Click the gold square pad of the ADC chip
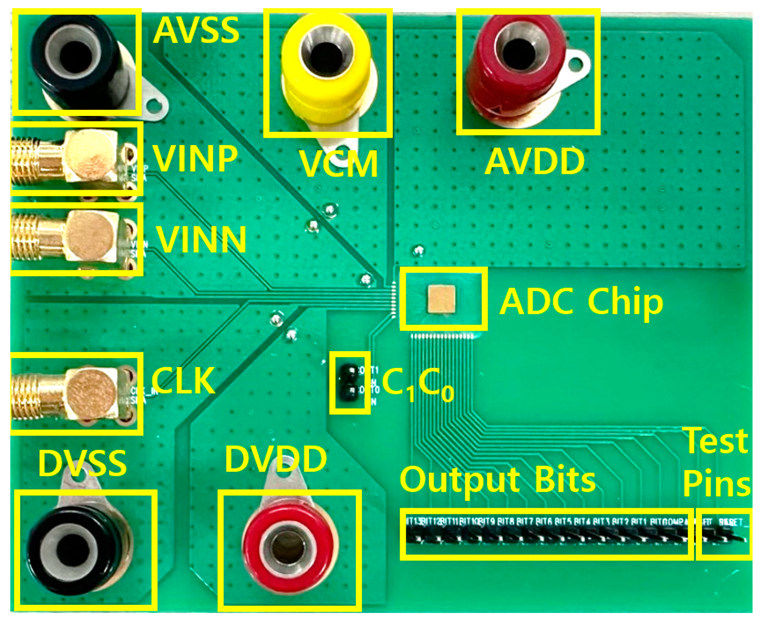441,299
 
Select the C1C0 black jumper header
349,382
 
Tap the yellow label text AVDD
534,162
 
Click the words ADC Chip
582,302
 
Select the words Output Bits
498,479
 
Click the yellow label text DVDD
276,458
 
